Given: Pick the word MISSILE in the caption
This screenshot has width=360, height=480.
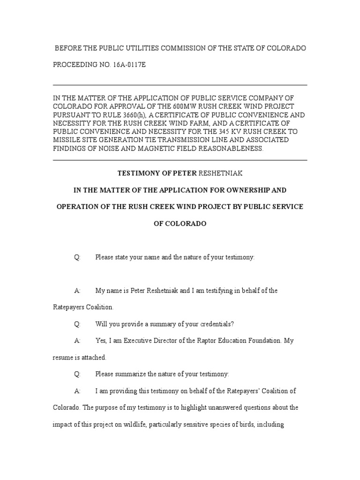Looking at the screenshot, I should pos(67,140).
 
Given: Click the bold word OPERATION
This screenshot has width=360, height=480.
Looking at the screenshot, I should pos(76,207).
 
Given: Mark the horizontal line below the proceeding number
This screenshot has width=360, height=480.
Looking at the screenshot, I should pos(180,85).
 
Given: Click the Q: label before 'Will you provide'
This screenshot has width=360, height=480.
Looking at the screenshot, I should pos(77,324).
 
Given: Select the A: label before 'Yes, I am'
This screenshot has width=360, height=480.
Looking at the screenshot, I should pos(77,341).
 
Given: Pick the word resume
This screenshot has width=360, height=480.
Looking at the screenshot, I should pos(63,358).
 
